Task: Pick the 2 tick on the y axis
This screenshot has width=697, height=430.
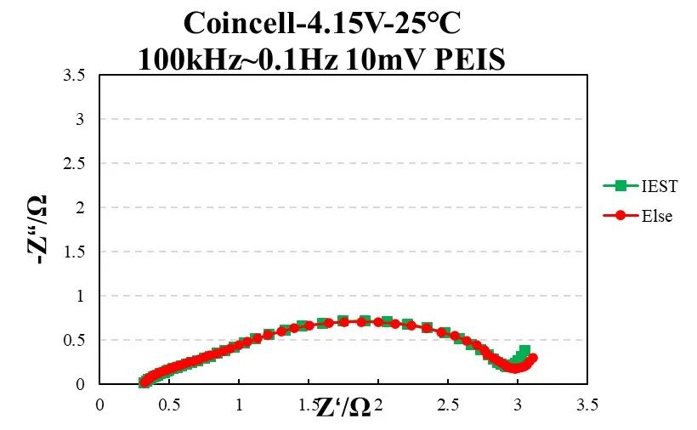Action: (x=82, y=208)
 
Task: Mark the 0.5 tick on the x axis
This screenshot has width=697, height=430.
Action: (x=169, y=405)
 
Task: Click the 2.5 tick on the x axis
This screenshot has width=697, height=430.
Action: (x=448, y=405)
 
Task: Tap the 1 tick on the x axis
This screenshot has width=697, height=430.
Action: (x=239, y=405)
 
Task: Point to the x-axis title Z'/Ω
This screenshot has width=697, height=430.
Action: (x=343, y=408)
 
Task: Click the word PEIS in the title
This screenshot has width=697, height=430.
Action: (x=470, y=59)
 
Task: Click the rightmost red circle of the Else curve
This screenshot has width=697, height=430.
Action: (x=533, y=358)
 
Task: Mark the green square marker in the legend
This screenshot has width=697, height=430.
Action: (x=620, y=184)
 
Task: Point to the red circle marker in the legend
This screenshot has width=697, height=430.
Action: (x=620, y=216)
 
